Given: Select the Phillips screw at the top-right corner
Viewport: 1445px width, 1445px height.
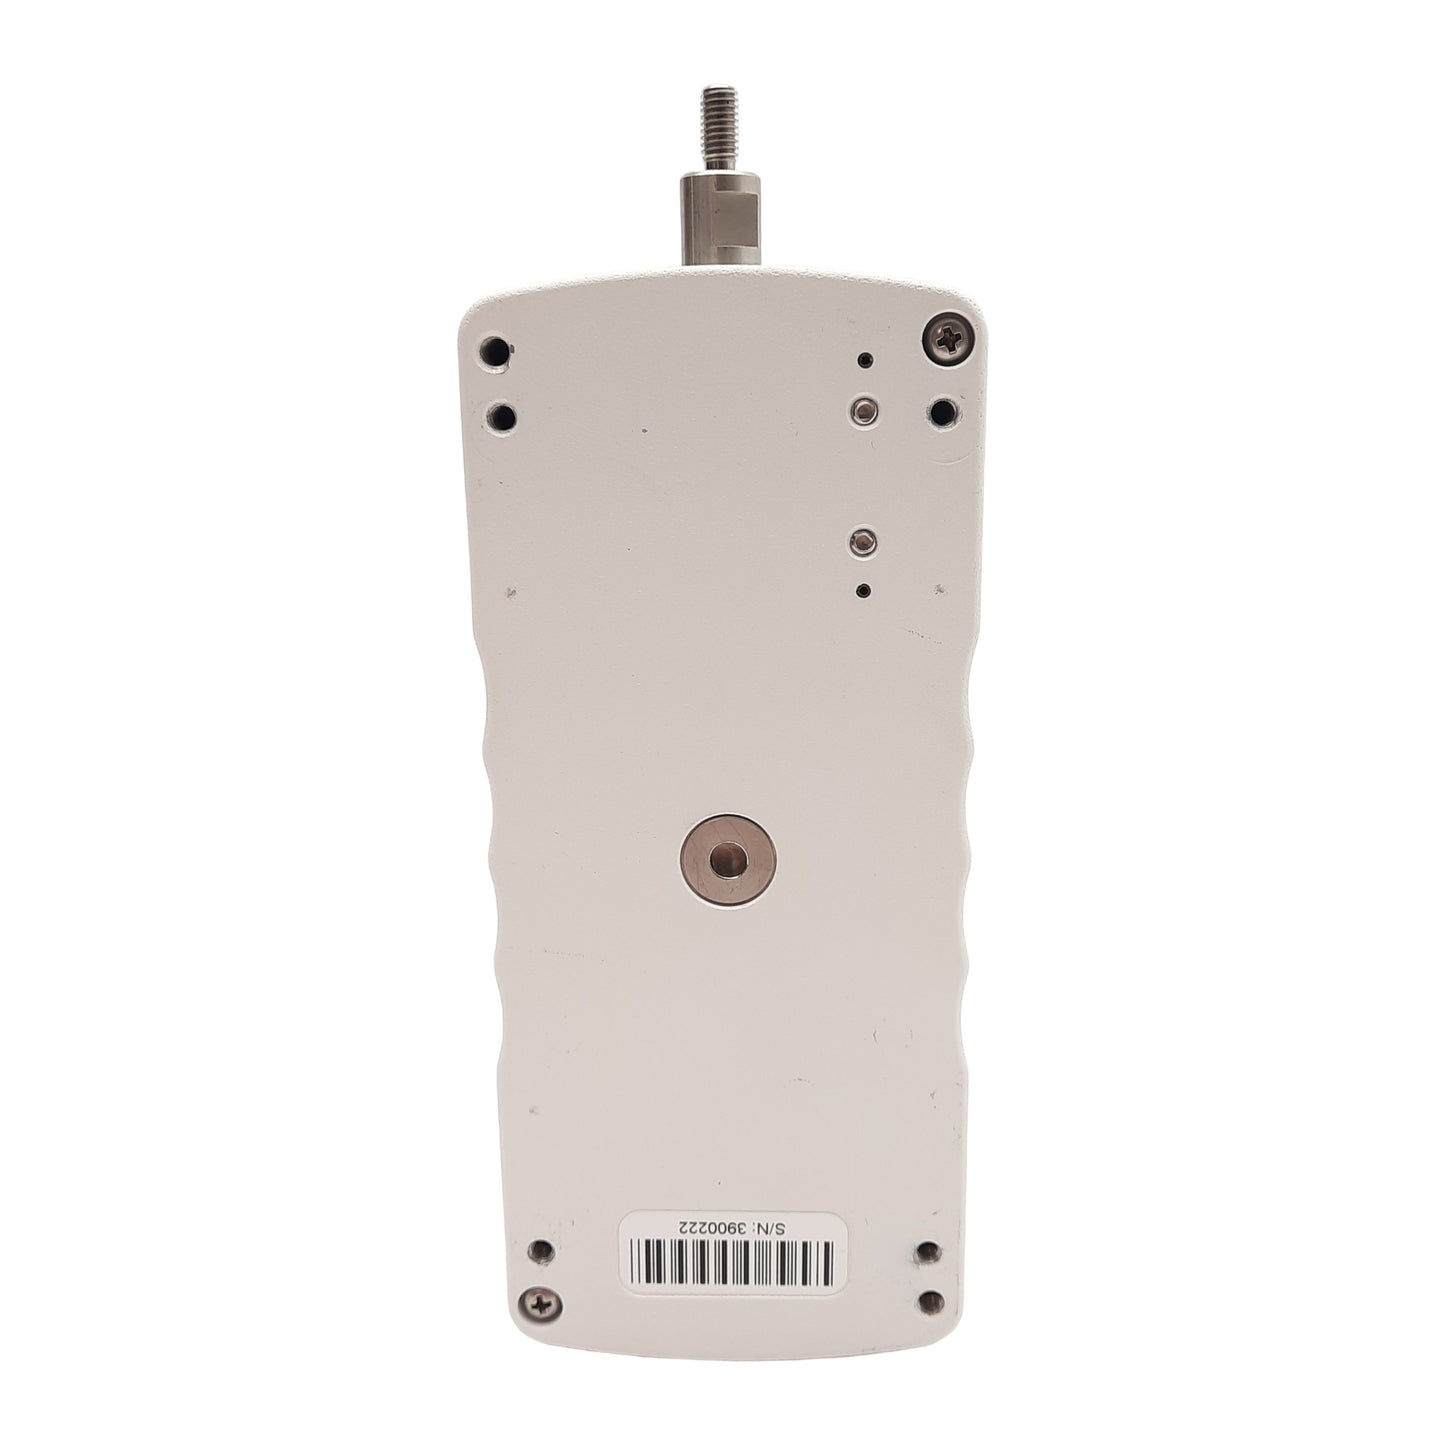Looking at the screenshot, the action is click(x=950, y=340).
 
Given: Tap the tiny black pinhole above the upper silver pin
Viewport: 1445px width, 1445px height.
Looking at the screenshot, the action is click(x=866, y=360).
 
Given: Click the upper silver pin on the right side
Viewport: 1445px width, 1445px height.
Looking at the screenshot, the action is click(x=865, y=409).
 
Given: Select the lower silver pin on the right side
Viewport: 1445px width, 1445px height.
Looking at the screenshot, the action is click(x=865, y=541).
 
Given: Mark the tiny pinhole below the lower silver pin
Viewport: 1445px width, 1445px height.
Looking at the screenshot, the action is click(x=865, y=592).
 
